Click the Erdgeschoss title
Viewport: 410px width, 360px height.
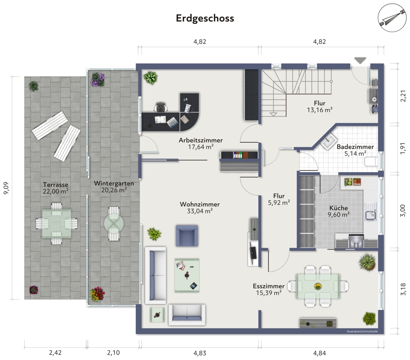tap(205, 18)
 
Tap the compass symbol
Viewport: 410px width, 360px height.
tap(392, 18)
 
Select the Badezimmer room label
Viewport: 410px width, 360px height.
tap(355, 147)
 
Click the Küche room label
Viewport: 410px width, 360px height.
tap(339, 208)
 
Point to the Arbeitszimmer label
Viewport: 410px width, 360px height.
tap(200, 140)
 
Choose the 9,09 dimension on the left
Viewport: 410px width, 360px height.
tap(6, 188)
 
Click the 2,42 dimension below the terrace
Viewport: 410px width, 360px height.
tap(55, 353)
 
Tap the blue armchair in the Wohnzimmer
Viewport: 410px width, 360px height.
tap(187, 235)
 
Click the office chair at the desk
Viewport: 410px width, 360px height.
tap(161, 107)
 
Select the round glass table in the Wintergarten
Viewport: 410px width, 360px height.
tap(114, 223)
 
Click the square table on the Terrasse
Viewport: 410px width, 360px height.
tap(57, 223)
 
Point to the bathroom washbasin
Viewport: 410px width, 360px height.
tap(329, 142)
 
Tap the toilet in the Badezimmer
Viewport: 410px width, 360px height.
tap(371, 162)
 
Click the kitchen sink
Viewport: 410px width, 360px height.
tap(370, 215)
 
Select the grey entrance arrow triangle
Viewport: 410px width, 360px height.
tap(360, 60)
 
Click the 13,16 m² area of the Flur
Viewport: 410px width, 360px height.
tap(319, 110)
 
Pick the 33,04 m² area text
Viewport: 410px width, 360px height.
tap(200, 211)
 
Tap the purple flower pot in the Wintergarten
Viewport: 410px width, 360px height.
tap(98, 80)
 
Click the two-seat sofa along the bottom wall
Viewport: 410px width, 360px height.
tap(187, 314)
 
